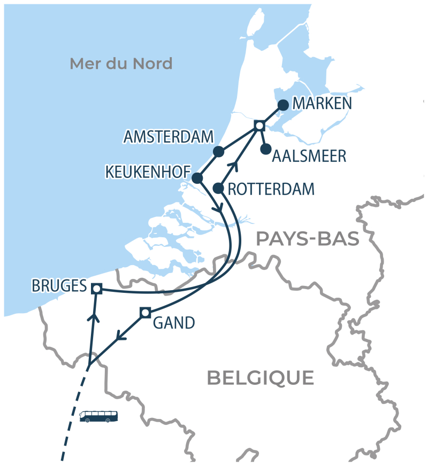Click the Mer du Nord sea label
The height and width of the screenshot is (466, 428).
tap(121, 64)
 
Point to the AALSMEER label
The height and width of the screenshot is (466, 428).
tap(309, 157)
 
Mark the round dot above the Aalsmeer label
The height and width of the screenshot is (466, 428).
tap(265, 149)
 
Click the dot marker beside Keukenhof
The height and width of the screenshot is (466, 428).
tap(197, 178)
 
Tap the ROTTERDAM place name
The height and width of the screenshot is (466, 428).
tap(271, 189)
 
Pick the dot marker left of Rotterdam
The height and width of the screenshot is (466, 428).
tap(218, 188)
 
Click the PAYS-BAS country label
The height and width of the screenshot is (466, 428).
tap(307, 239)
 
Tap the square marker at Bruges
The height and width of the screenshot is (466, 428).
tap(96, 289)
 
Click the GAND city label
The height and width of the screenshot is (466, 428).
tap(174, 323)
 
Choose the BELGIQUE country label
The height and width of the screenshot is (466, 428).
tap(261, 378)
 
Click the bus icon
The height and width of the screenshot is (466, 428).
tap(99, 416)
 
